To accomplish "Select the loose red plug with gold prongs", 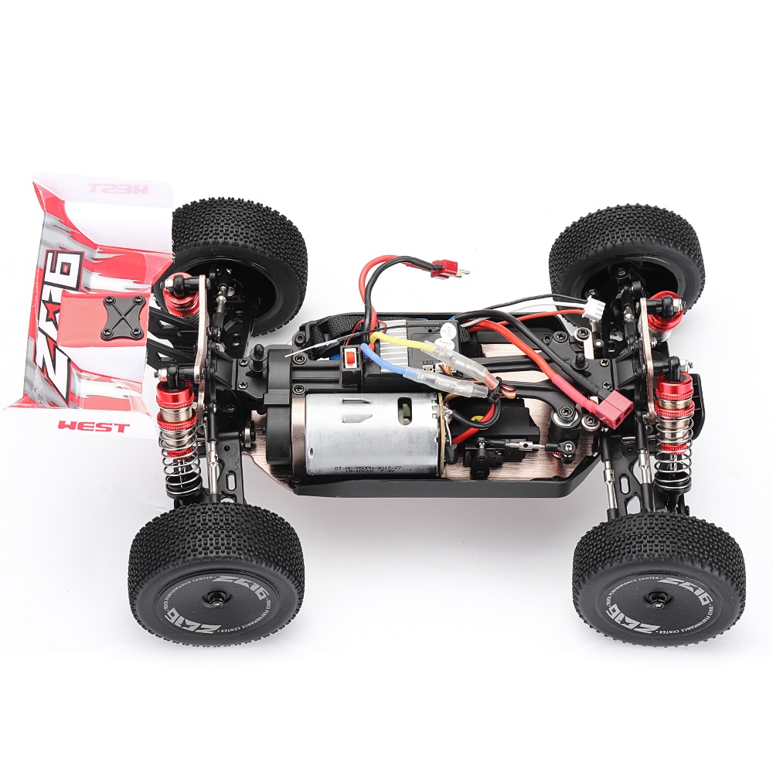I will [x=444, y=268].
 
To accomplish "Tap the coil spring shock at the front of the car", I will [x=673, y=433].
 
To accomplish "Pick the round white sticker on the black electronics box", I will [x=447, y=332].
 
